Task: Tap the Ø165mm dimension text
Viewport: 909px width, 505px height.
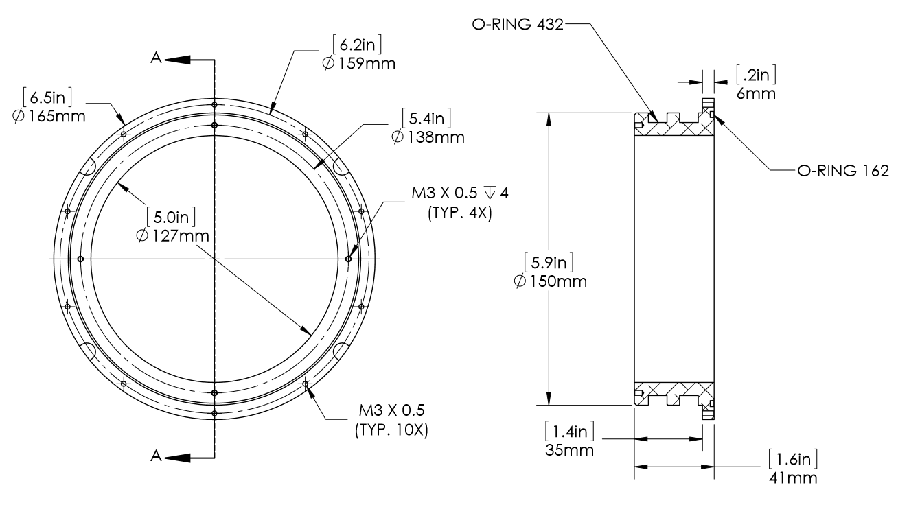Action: (x=49, y=115)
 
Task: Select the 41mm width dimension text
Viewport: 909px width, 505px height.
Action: (x=794, y=477)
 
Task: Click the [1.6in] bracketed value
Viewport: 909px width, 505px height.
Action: (x=793, y=458)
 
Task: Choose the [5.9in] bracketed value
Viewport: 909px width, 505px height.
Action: (x=549, y=261)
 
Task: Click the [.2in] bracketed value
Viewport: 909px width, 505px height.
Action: (x=757, y=74)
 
